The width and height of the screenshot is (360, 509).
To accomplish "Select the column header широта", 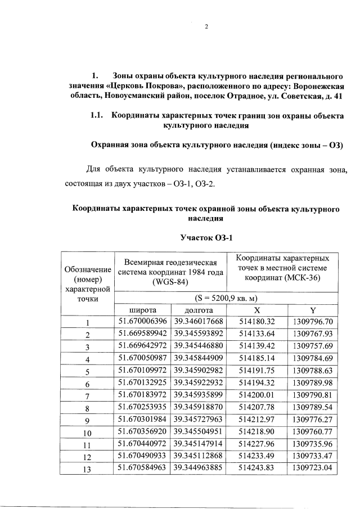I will pyautogui.click(x=142, y=310).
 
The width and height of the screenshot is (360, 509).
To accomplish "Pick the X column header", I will pyautogui.click(x=256, y=310).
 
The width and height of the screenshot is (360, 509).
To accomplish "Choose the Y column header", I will pyautogui.click(x=313, y=310).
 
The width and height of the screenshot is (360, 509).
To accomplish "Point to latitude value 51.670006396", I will pyautogui.click(x=142, y=322).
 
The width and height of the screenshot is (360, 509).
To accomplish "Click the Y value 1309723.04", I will pyautogui.click(x=313, y=468).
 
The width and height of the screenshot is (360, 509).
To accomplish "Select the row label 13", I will pyautogui.click(x=87, y=469).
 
